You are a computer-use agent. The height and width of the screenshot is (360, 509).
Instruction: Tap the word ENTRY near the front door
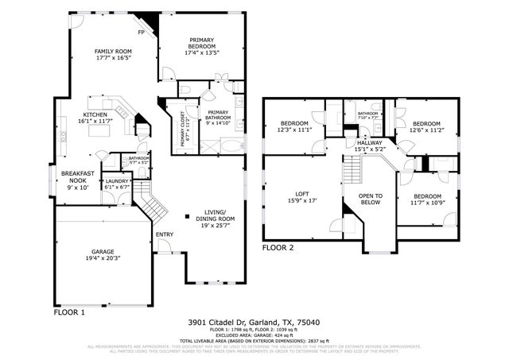coord(164,234)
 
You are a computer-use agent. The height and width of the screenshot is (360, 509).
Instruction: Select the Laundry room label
coord(116,184)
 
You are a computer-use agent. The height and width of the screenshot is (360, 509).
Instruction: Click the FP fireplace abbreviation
coord(142,33)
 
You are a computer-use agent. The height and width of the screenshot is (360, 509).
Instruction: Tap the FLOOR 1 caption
coord(69,312)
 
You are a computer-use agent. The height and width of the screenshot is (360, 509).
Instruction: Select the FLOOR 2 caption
coord(278,248)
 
